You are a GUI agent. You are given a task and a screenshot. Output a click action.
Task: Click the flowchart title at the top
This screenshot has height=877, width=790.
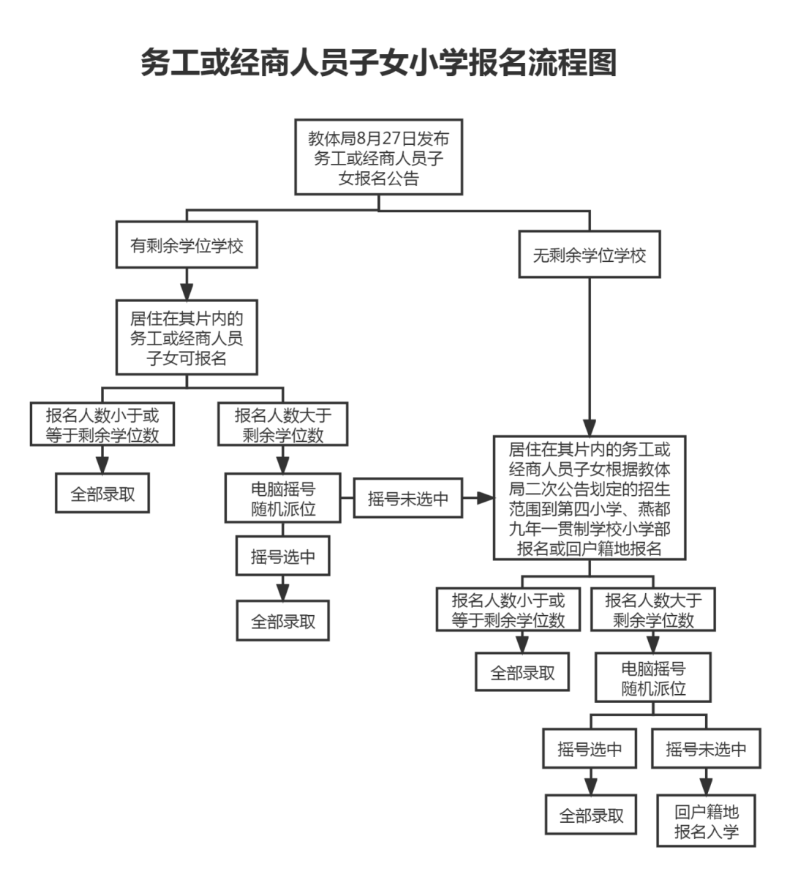click(x=378, y=64)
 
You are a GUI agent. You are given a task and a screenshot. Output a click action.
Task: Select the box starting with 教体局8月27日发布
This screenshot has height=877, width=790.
click(x=378, y=157)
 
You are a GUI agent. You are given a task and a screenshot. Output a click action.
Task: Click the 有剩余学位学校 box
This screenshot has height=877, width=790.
click(x=187, y=246)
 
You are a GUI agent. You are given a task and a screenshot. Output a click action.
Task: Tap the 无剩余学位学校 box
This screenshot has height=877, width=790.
click(x=590, y=255)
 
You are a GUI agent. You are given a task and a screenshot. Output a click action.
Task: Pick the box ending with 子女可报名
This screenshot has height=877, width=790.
click(x=187, y=339)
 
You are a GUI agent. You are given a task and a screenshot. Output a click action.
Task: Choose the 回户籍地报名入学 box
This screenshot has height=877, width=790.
click(x=707, y=821)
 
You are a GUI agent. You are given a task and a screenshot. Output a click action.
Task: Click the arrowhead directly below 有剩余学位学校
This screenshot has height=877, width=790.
click(x=187, y=285)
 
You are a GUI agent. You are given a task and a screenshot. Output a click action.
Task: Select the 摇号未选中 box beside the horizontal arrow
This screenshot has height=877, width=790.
click(x=407, y=499)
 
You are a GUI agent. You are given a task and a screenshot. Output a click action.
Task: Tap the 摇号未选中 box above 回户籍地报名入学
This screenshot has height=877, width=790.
click(x=706, y=749)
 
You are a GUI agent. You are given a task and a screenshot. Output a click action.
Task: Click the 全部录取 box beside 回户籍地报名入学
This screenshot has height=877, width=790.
click(x=592, y=815)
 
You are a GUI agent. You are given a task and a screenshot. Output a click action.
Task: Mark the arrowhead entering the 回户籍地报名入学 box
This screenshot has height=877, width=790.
click(x=707, y=787)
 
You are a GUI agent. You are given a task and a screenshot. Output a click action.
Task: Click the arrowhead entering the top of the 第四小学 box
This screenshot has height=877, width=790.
click(x=590, y=426)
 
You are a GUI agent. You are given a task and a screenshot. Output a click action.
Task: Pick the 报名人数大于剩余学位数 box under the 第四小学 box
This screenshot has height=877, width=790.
click(x=653, y=610)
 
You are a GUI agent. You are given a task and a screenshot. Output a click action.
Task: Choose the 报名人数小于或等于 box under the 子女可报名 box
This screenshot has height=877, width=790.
click(x=102, y=425)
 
